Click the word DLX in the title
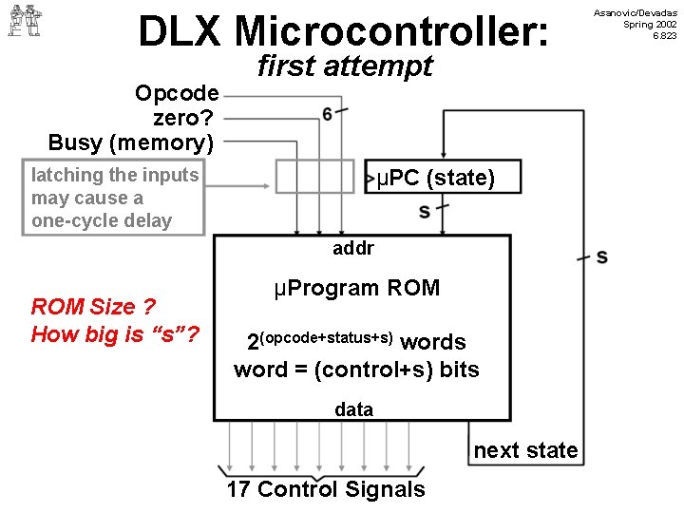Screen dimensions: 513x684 [181, 31]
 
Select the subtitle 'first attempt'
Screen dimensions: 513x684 [344, 66]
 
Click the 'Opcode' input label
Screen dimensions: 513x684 [177, 94]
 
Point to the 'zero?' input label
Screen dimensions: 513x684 [185, 119]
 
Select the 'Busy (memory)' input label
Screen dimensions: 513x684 [131, 143]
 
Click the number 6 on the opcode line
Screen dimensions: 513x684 [328, 114]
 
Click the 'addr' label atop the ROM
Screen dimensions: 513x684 [353, 249]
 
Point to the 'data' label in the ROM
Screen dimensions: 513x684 [353, 409]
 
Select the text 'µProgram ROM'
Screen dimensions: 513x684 [356, 288]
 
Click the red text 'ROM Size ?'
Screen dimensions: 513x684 [93, 306]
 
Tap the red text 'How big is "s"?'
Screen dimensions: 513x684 [115, 333]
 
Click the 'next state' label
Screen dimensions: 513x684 [525, 450]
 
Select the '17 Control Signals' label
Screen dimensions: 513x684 [326, 489]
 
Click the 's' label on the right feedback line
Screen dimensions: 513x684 [602, 256]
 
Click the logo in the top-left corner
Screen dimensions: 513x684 [25, 20]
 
